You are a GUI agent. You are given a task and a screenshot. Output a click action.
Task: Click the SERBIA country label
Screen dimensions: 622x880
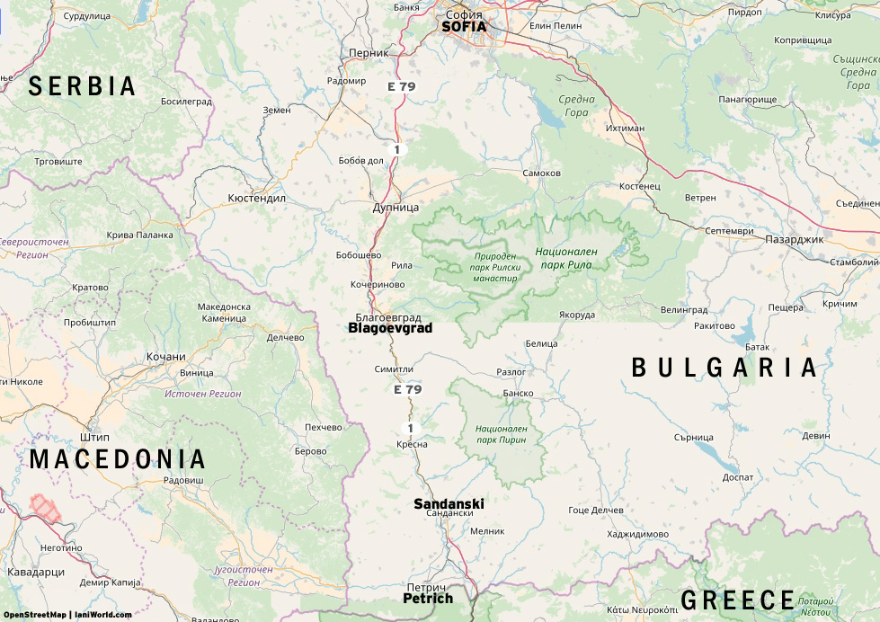[x=82, y=86]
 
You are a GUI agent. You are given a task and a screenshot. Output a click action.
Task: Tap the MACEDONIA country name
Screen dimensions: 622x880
[x=118, y=459]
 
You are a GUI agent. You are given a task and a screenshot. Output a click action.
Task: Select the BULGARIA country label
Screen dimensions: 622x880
[x=724, y=368]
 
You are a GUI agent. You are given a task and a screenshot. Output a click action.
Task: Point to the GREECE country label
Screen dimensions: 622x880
[x=738, y=600]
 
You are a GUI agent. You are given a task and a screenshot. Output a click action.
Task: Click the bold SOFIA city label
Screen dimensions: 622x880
[x=464, y=27]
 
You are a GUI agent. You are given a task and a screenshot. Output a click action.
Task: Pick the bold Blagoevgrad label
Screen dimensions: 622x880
[x=390, y=329]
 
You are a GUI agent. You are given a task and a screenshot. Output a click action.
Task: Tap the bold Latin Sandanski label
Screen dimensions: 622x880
[x=449, y=503]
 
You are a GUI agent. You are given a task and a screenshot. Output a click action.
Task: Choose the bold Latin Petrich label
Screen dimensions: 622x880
[x=428, y=599]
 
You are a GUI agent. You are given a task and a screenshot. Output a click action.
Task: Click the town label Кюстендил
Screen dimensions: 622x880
[x=256, y=197]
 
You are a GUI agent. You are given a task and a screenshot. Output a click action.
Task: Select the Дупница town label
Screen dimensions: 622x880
[x=396, y=208]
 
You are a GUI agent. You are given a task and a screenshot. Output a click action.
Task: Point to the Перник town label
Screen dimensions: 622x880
[x=368, y=53]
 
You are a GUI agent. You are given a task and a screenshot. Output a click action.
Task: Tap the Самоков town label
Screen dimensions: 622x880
[x=541, y=173]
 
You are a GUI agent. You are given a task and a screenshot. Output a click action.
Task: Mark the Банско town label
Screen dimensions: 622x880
[x=518, y=393]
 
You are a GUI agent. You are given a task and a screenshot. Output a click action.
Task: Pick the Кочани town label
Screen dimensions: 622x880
[x=165, y=357]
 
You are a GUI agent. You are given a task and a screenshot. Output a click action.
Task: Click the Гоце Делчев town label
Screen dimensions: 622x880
[x=596, y=511]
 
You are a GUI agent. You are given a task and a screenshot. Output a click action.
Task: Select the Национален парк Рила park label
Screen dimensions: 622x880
[x=566, y=259]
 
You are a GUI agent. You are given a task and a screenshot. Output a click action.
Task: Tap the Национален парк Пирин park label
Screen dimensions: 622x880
[x=502, y=435]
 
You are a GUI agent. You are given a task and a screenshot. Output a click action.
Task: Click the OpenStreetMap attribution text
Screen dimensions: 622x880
[x=34, y=615]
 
